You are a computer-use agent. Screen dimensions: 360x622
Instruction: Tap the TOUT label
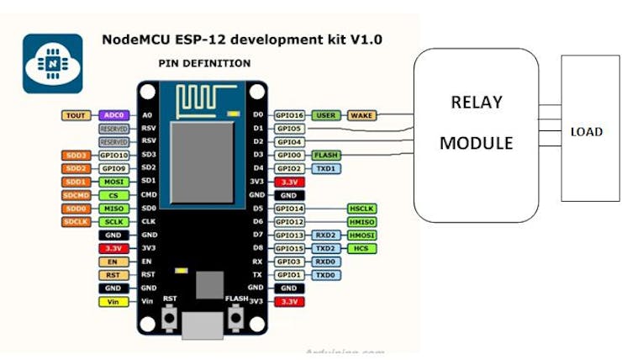click(74, 115)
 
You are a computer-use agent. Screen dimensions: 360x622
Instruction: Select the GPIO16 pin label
click(290, 115)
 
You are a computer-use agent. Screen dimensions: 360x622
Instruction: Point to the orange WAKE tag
click(362, 115)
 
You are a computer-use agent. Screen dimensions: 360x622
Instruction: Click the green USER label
click(325, 115)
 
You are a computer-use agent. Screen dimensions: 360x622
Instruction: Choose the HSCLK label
click(361, 209)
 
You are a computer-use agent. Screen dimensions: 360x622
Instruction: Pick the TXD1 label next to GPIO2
click(325, 168)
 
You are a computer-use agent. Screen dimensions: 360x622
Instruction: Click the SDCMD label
click(74, 195)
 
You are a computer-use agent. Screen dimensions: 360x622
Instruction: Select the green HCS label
click(361, 249)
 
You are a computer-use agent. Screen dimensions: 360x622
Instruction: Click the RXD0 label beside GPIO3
click(325, 262)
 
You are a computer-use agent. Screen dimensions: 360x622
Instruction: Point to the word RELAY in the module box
click(477, 103)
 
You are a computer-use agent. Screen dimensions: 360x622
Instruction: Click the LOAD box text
click(587, 132)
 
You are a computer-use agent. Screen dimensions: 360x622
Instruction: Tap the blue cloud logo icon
click(52, 63)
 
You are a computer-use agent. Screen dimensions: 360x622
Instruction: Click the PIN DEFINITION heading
click(203, 64)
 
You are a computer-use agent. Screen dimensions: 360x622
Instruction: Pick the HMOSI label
click(361, 236)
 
